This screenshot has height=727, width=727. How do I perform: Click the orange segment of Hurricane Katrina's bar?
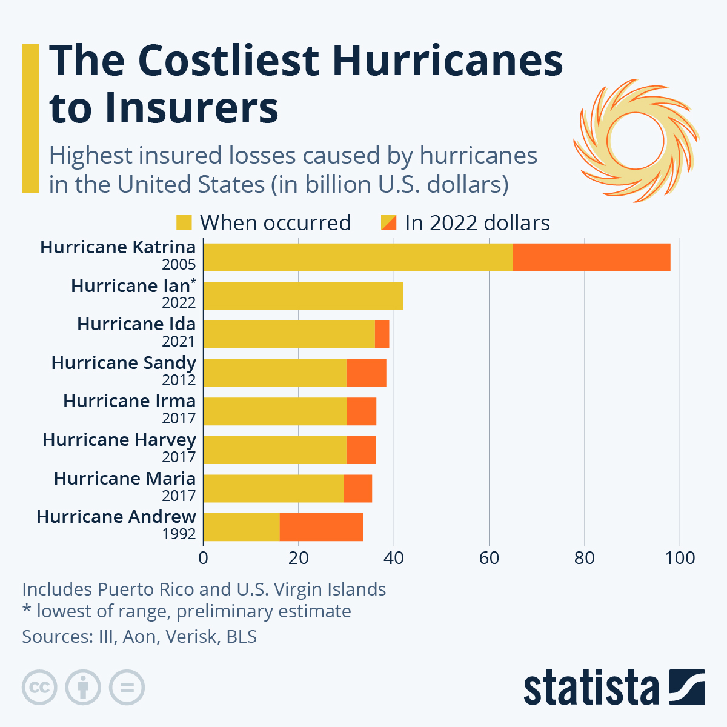pos(591,257)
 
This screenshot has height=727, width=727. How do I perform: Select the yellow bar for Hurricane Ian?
pos(303,296)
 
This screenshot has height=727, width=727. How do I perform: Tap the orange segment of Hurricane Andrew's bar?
pos(321,527)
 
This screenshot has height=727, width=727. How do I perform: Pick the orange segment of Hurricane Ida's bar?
pos(382,334)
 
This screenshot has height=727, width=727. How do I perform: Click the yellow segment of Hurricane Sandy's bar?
pos(274,373)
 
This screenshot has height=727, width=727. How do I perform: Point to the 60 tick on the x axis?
pos(489,557)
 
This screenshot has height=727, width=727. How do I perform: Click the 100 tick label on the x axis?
pos(680,557)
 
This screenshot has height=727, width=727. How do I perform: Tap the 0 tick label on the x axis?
pos(204,557)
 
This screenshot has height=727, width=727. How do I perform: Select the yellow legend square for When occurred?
pos(184,223)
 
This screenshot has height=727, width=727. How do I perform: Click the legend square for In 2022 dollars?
pos(388,223)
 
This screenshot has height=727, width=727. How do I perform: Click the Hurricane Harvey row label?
pos(119,440)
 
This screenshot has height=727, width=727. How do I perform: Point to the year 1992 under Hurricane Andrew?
pos(179,534)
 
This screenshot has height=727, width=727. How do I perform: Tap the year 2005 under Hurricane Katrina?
pos(179,264)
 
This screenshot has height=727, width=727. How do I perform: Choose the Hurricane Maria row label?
pos(125,479)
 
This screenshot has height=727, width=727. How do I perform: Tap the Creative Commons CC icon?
pos(39,688)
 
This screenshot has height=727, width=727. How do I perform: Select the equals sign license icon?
pos(127,688)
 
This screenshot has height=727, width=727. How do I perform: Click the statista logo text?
pos(591,688)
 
